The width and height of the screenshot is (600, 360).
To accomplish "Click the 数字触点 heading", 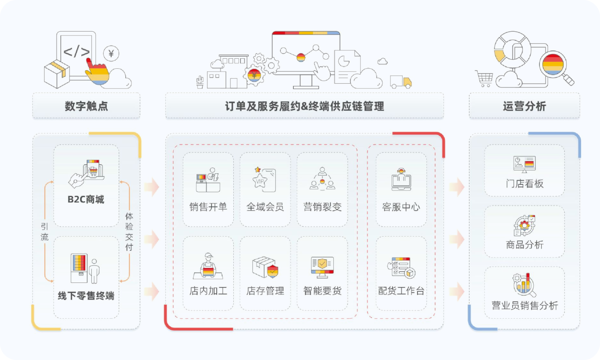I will (x=86, y=106).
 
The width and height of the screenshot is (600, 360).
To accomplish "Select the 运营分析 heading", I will (x=524, y=106).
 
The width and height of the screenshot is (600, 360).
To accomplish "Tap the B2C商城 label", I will (x=86, y=200).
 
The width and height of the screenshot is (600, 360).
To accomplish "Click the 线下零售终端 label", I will (x=86, y=296).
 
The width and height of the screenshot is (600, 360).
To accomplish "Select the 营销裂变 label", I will (x=322, y=207).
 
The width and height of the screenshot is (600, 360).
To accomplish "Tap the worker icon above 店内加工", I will (x=208, y=266).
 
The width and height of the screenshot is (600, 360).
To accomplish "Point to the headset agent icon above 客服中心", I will (x=401, y=180).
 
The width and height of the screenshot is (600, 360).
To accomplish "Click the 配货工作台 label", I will (x=401, y=291).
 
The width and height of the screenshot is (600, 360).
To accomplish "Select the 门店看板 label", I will (x=525, y=184).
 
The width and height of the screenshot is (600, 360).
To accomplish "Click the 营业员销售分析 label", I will (x=525, y=306).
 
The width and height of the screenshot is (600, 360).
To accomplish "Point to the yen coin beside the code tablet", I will (x=111, y=53).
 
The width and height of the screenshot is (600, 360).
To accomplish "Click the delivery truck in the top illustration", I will (x=401, y=82).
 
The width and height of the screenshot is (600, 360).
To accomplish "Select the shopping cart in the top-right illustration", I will (x=484, y=78).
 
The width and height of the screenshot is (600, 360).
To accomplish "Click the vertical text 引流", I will (x=45, y=232).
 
